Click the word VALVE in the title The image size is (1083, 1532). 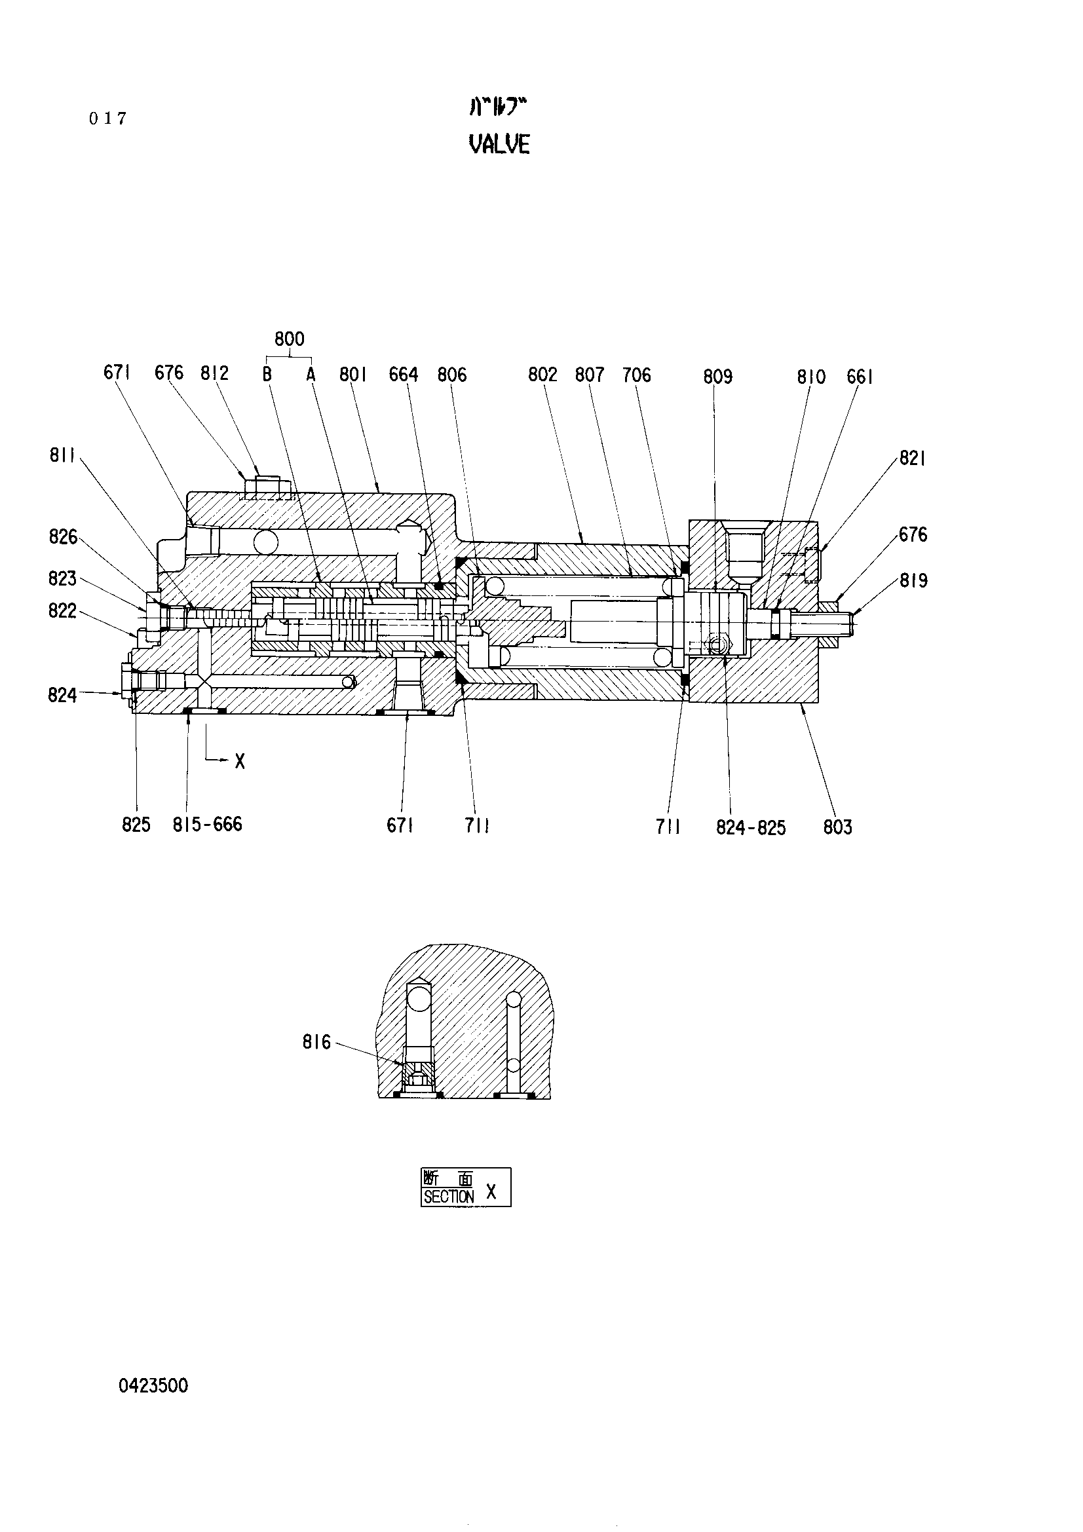(x=500, y=144)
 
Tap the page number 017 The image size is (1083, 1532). (x=107, y=119)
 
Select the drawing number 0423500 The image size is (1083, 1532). (x=153, y=1386)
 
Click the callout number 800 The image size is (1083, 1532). (x=290, y=339)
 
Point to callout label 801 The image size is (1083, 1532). (x=353, y=375)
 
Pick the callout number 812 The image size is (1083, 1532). (x=215, y=373)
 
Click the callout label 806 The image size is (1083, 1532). (x=452, y=375)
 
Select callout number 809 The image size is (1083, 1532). (x=718, y=377)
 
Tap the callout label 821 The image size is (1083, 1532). (x=912, y=458)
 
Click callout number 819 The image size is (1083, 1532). (x=913, y=580)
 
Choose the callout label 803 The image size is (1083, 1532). (x=837, y=827)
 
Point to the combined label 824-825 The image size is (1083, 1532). (x=751, y=828)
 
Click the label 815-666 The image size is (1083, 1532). (x=208, y=825)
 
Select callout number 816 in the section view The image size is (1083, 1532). (x=316, y=1042)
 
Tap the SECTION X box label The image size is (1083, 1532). (x=466, y=1187)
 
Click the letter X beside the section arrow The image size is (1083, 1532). (x=240, y=761)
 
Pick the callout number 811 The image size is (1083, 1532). (x=62, y=456)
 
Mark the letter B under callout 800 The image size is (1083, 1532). (x=267, y=375)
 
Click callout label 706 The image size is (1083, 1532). (x=637, y=375)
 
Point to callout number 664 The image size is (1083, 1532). (x=404, y=375)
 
